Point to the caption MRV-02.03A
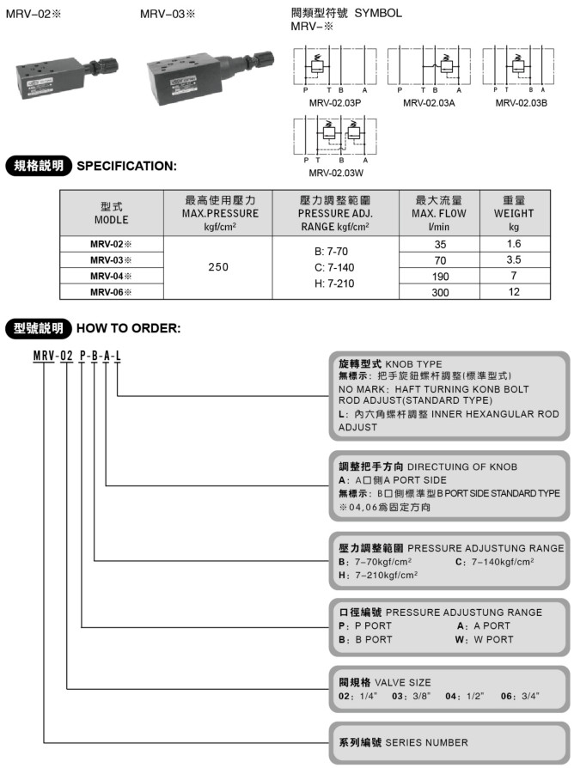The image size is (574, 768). pos(428,103)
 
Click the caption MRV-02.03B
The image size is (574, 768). pos(522,103)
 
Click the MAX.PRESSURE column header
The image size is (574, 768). pos(218,213)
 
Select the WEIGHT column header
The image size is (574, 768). pos(514,213)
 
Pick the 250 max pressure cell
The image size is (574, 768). pos(218,267)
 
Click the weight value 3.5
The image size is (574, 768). pos(514,259)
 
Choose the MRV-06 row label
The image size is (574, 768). pos(111,291)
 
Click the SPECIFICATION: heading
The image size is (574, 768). pos(126,166)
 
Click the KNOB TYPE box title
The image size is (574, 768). pos(379,364)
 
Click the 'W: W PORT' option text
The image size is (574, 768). pos(485,639)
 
